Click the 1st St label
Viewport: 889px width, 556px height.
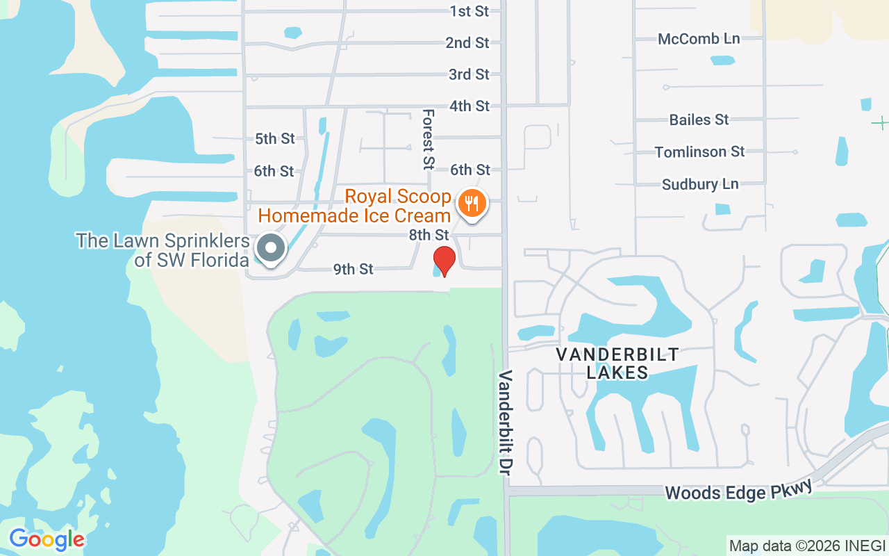click(470, 11)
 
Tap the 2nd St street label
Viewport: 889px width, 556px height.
click(467, 42)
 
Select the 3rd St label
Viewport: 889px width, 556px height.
click(469, 74)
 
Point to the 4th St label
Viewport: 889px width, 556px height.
click(470, 106)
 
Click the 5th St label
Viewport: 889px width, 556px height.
click(275, 139)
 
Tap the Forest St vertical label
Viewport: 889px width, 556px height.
click(428, 139)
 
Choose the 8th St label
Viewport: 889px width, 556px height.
click(429, 235)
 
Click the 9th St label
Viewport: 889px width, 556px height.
click(354, 269)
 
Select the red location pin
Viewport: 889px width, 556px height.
click(444, 261)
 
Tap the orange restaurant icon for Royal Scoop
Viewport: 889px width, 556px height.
click(472, 204)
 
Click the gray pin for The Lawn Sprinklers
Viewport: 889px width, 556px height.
click(271, 248)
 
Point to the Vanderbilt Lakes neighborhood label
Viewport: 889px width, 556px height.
click(617, 363)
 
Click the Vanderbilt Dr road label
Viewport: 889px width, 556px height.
click(505, 423)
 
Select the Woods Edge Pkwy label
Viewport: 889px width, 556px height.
click(738, 491)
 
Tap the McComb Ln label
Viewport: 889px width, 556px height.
click(699, 39)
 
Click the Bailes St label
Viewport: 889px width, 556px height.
click(699, 120)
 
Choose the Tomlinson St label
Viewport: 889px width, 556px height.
click(699, 152)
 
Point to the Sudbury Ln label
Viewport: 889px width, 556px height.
click(700, 184)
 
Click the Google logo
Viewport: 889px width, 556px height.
click(47, 539)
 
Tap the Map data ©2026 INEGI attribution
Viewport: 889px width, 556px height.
click(807, 546)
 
